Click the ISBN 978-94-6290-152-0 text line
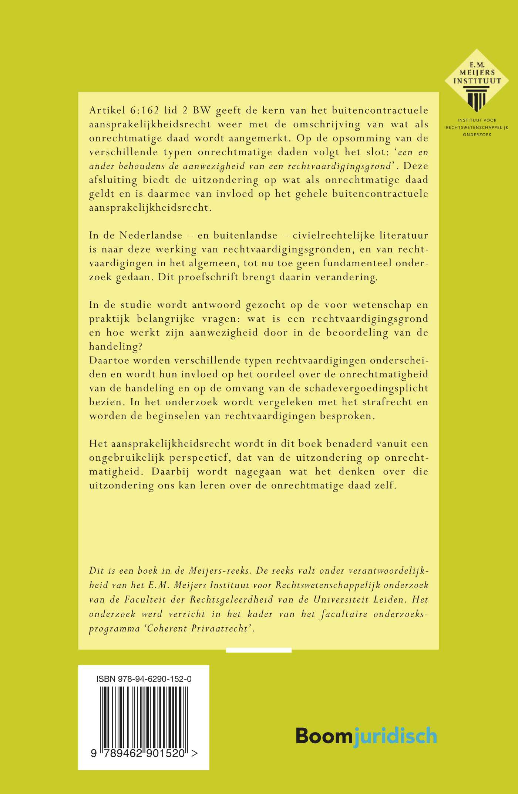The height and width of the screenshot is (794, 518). (144, 679)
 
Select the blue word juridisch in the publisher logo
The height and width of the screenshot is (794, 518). (394, 735)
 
